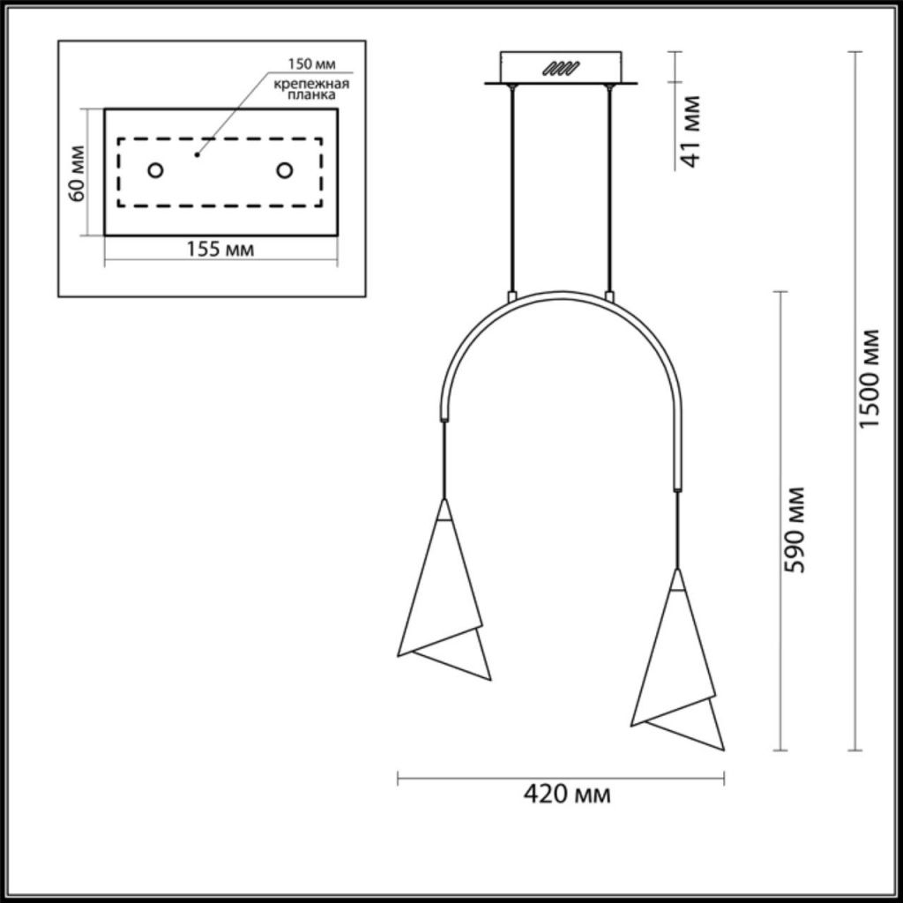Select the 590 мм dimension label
click(795, 530)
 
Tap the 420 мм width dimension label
click(567, 795)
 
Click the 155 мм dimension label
click(220, 250)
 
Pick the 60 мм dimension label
click(76, 174)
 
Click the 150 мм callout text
click(311, 63)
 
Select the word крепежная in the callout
click(311, 84)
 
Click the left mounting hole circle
click(155, 170)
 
